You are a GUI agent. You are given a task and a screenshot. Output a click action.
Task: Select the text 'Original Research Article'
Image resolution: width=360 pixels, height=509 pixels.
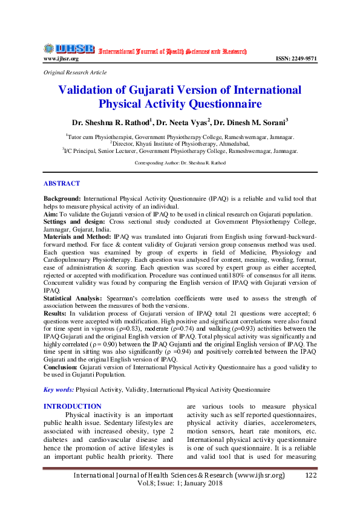pos(75,73)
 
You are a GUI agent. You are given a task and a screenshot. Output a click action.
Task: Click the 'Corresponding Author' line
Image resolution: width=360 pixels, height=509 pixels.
pos(180,163)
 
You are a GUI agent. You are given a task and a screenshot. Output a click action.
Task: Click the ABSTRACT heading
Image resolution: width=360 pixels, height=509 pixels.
pos(62,183)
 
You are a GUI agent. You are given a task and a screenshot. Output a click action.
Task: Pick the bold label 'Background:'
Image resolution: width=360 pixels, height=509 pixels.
pos(62,198)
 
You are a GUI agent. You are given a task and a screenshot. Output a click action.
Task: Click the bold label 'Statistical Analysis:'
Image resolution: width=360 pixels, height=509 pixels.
pos(74,299)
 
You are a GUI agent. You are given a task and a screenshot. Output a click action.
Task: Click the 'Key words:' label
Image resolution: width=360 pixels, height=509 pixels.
pos(59,390)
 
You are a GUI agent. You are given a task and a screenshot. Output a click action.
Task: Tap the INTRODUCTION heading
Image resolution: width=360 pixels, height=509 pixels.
pos(73,406)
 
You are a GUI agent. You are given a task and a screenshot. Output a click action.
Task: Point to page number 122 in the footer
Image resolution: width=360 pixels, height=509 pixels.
pos(311,476)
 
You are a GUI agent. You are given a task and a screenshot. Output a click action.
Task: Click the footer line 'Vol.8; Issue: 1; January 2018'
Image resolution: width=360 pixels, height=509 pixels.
pos(179,485)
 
